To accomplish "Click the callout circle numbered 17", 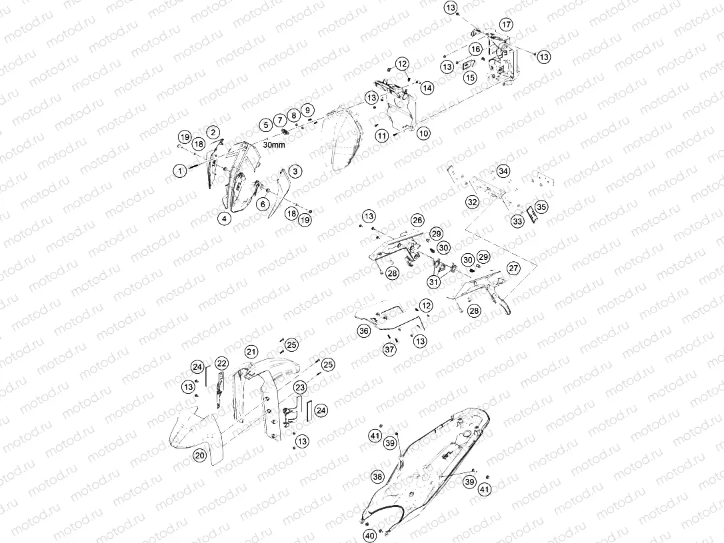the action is [x=506, y=25].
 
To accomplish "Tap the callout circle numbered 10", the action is [x=423, y=134].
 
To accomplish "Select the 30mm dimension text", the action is [x=274, y=145].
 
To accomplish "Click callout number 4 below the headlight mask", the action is [x=225, y=219].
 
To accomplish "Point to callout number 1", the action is [x=180, y=171].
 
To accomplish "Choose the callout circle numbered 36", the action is [x=364, y=330].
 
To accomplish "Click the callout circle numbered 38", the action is [x=378, y=476].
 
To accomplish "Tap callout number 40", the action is [x=370, y=536].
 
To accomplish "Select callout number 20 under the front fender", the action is [x=199, y=456].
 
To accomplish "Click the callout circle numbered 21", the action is [x=251, y=352].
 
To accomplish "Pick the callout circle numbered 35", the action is [x=541, y=207].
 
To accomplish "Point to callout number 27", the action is [x=513, y=268].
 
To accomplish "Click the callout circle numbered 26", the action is [x=418, y=221].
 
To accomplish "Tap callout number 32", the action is [x=472, y=202].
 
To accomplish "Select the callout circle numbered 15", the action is [x=470, y=77].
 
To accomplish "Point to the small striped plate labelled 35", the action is [x=531, y=214].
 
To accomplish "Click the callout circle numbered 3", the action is [x=295, y=171].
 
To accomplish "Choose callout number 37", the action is [x=390, y=349].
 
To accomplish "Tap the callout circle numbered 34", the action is [x=503, y=171].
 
